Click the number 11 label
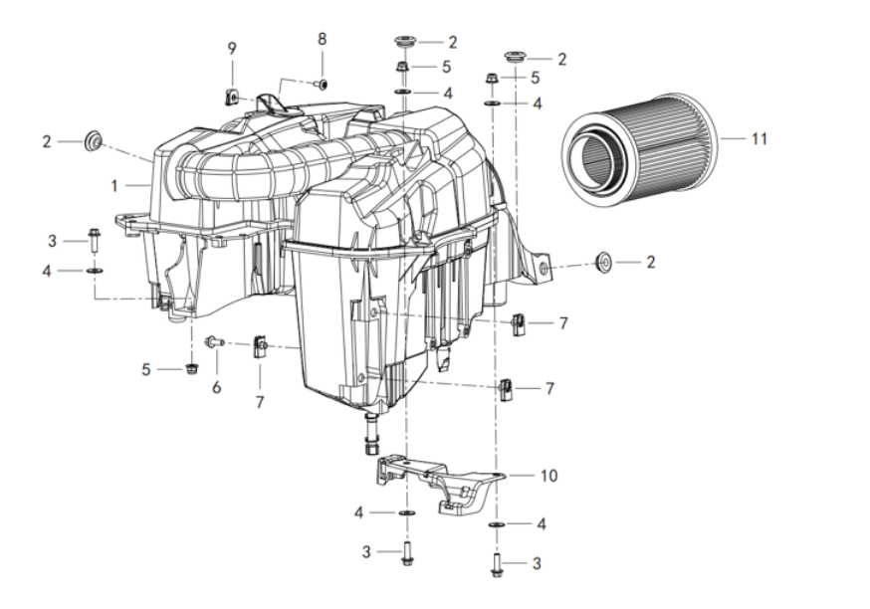click(760, 138)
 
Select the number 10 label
click(548, 476)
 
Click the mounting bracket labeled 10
click(438, 483)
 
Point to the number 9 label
click(232, 49)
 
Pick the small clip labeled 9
click(233, 99)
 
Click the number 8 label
click(323, 40)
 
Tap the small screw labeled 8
click(322, 84)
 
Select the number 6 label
click(216, 387)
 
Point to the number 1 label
click(114, 185)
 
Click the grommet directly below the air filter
click(603, 262)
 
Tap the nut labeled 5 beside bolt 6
click(191, 368)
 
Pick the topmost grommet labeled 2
click(405, 42)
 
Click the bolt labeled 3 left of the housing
click(94, 241)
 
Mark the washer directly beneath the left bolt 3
click(94, 270)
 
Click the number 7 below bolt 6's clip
click(260, 402)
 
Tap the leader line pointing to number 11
click(733, 138)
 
